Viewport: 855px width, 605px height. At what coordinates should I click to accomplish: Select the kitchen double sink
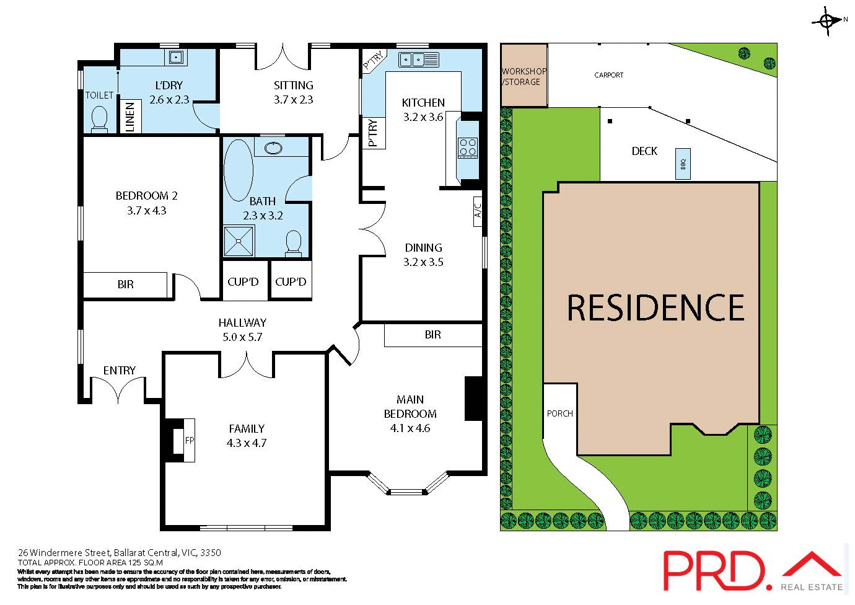pos(419,60)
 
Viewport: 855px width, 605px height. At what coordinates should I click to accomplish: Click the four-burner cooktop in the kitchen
pos(468,148)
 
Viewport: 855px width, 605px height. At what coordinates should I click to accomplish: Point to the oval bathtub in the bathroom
pos(238,170)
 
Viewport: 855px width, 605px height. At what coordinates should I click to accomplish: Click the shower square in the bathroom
pos(239,241)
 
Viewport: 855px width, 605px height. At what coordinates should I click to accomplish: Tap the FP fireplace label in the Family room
pos(190,441)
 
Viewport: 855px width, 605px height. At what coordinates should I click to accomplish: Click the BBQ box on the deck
pos(683,164)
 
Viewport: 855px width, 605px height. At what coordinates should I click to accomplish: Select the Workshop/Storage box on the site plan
pos(524,75)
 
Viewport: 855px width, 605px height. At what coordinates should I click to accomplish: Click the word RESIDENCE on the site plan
pos(655,308)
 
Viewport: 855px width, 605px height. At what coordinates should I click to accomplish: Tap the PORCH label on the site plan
pos(560,413)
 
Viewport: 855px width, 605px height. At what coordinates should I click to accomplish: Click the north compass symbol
pos(827,21)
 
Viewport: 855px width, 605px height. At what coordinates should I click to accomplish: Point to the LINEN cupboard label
pos(130,117)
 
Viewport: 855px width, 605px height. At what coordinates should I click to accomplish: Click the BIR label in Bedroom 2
pos(125,285)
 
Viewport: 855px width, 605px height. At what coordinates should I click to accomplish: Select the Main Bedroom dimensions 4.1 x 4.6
pos(410,428)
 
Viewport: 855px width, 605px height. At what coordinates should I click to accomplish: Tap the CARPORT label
pos(609,75)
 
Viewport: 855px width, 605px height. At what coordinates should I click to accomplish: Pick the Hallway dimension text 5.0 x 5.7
pos(242,337)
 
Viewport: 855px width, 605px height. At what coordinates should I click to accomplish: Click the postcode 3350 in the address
pos(211,552)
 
